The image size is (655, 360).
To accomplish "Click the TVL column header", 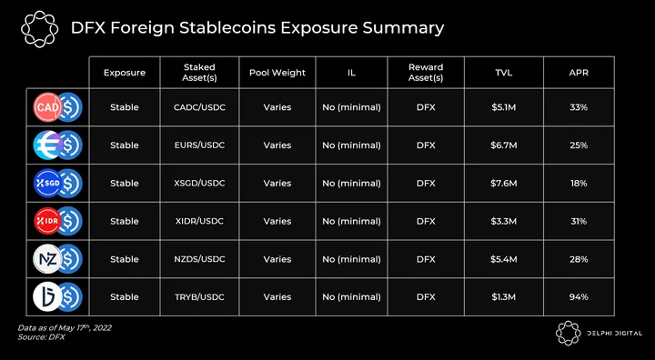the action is pos(503,72).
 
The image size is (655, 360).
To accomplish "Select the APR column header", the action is pos(579,72).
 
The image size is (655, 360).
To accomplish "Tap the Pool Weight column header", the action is pos(277,72).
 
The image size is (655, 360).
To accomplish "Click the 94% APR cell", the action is pos(579,297).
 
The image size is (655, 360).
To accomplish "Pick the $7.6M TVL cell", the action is pos(504,184).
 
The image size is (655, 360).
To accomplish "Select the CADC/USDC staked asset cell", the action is pos(199,107).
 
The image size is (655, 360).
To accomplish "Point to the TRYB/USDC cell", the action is pos(199,297).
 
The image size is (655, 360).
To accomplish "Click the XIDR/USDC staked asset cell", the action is pos(199,221).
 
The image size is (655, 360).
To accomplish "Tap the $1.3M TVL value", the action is pos(504,297).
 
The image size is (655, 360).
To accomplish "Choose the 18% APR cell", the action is pos(579,184).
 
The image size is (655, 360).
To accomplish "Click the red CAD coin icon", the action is pos(47,107).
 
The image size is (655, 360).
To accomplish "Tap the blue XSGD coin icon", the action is pos(47,183).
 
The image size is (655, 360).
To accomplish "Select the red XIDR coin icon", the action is pos(47,221).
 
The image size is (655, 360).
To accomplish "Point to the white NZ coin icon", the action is pos(47,259).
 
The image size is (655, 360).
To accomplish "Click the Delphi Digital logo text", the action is pos(614,333).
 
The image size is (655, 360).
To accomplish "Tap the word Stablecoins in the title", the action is pos(227,28).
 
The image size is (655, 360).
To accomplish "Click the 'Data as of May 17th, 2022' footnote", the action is pos(65,328).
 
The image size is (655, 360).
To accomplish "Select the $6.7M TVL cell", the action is pos(504,145).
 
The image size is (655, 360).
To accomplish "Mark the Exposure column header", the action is pos(125,73).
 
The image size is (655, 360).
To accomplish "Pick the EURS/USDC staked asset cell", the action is pos(199,145).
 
